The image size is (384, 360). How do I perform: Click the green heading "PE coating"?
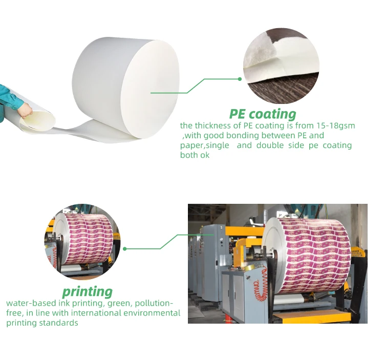click(263, 114)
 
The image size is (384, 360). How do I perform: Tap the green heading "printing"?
click(87, 291)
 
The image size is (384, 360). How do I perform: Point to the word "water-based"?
click(28, 303)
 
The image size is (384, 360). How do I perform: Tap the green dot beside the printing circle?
click(124, 249)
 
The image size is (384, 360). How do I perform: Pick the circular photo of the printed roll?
click(82, 241)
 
